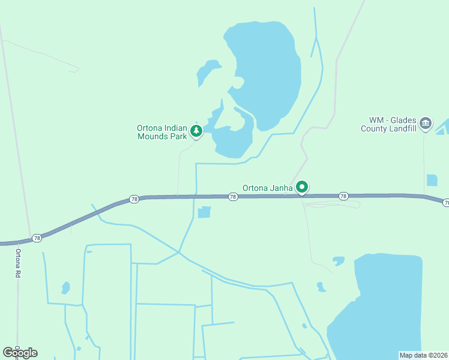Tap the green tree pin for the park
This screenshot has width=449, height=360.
tap(196, 131)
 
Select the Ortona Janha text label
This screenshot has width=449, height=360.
tap(268, 188)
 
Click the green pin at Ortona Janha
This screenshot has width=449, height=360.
tap(303, 188)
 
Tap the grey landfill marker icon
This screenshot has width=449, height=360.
tap(426, 124)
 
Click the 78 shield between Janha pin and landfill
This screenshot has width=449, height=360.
tap(343, 196)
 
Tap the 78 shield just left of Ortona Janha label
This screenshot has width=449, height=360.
tap(232, 197)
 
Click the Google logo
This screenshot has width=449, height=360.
tap(20, 353)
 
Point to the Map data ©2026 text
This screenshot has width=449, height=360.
tap(424, 355)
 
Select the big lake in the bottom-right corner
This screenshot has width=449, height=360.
tap(384, 306)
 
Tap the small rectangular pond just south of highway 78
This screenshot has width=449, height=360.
tap(205, 212)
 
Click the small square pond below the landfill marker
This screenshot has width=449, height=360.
tap(432, 180)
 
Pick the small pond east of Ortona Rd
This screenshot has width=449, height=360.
tap(65, 288)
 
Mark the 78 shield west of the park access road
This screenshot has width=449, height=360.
tap(134, 199)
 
